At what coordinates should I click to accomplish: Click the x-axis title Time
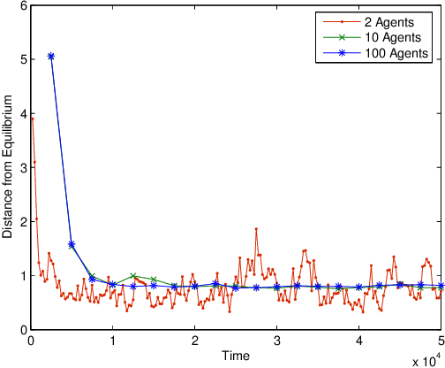pos(236,356)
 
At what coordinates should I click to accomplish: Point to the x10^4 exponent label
pos(426,360)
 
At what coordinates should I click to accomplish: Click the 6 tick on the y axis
pos(22,5)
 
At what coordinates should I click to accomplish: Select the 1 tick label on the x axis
pos(113,341)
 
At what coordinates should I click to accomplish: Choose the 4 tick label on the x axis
pos(358,341)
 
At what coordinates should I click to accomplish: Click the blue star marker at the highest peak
pos(51,56)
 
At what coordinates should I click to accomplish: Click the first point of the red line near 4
pos(33,119)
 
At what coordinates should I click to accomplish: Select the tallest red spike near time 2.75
pos(256,229)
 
